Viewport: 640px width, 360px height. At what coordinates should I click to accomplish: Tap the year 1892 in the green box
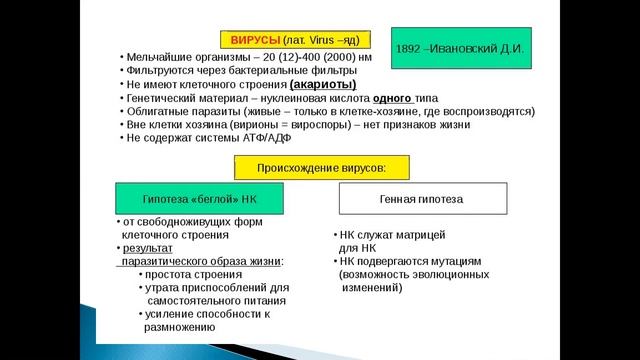pos(411,47)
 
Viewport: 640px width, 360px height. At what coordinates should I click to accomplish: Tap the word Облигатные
pos(159,112)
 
